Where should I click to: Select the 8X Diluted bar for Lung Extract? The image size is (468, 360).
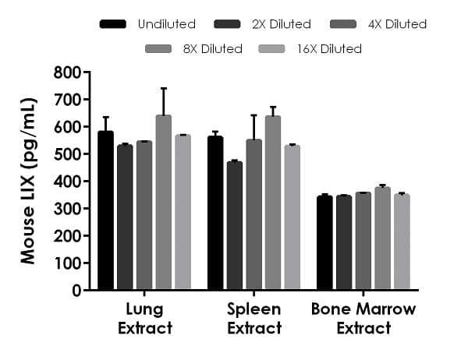(163, 203)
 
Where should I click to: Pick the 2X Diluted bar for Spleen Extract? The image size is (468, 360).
(234, 226)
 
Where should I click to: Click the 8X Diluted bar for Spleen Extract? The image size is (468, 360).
(272, 203)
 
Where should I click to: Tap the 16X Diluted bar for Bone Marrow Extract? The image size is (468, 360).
(401, 242)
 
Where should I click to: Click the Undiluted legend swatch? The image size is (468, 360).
(114, 24)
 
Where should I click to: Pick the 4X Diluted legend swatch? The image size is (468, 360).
(344, 24)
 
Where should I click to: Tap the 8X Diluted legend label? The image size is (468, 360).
(213, 49)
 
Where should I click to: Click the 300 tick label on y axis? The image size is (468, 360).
(68, 209)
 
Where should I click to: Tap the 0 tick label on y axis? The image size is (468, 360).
(76, 291)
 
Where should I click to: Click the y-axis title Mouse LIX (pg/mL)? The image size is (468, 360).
(29, 181)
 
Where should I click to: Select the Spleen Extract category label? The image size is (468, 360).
(254, 319)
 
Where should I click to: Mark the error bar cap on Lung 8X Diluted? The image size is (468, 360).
(163, 89)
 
